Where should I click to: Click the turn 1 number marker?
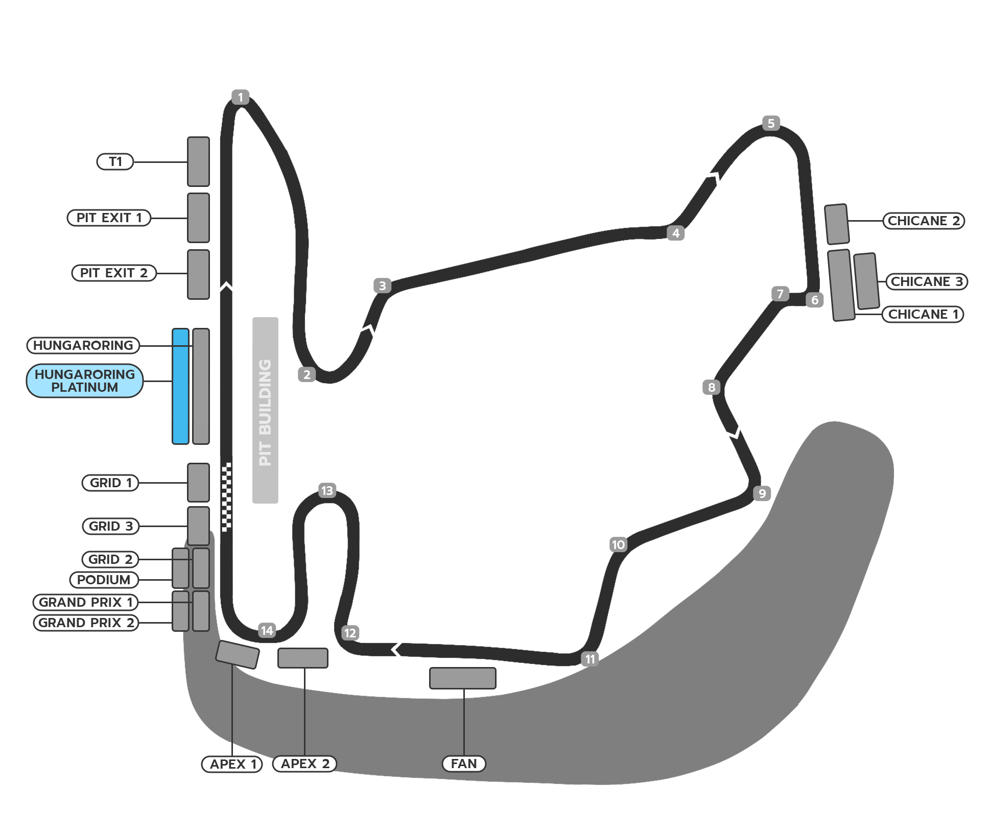tap(240, 97)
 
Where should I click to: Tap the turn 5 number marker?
tap(771, 123)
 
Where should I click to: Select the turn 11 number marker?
tap(590, 659)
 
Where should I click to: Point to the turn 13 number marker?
tap(327, 491)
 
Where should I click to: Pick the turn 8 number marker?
tap(712, 387)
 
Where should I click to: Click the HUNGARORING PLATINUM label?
tap(85, 380)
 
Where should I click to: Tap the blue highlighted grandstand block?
tap(181, 386)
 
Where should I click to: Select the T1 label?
tap(115, 162)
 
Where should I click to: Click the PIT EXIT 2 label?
tap(114, 273)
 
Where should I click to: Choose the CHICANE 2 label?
tap(924, 221)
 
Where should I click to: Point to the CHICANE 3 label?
tap(927, 281)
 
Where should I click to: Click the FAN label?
tap(463, 764)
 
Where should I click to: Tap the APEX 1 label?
tap(232, 764)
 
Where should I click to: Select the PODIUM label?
tap(104, 580)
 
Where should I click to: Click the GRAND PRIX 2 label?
tap(86, 623)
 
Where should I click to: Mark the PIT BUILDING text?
tap(265, 412)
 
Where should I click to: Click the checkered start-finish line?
tap(226, 497)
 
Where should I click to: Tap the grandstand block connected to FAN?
tap(463, 678)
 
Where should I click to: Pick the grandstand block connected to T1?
tap(198, 161)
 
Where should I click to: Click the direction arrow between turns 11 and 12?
tap(396, 650)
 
